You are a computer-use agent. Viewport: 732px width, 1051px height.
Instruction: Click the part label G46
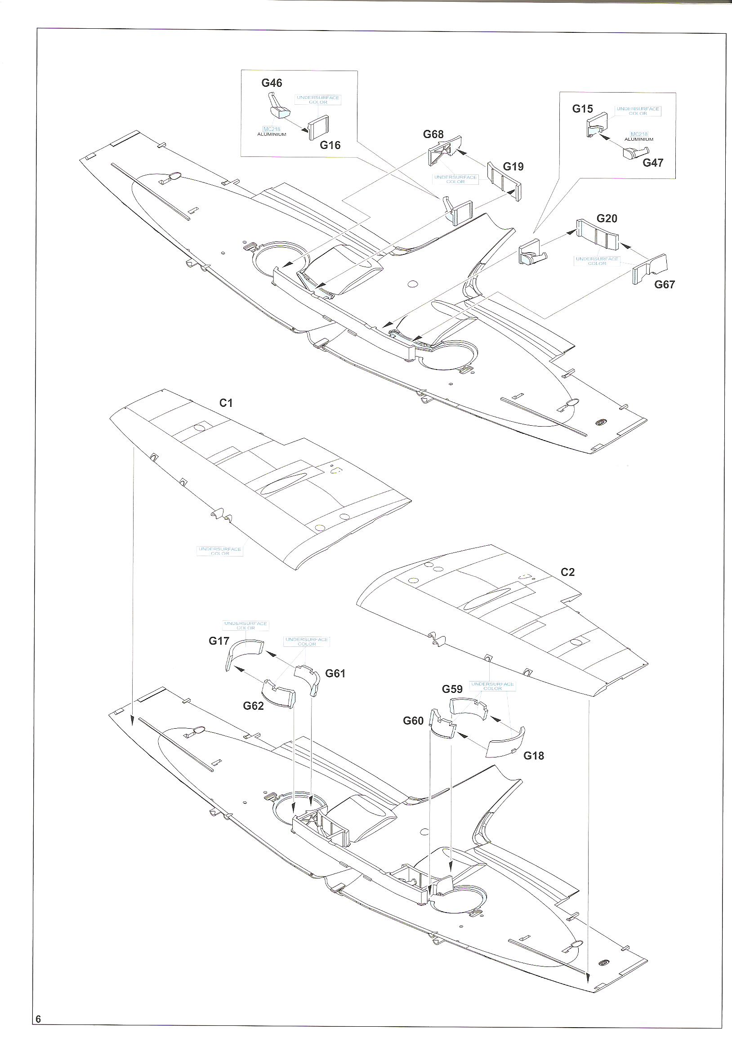(x=272, y=83)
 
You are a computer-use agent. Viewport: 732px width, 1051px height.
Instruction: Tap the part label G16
(x=330, y=145)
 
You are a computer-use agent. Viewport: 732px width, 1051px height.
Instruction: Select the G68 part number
(x=433, y=134)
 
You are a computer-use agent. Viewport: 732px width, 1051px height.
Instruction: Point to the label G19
(x=513, y=167)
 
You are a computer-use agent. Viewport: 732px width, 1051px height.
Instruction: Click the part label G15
(x=582, y=109)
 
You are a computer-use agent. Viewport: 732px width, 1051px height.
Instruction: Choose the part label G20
(x=607, y=218)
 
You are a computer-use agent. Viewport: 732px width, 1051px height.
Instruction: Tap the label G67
(x=664, y=284)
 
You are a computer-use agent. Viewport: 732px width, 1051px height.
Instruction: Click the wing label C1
(x=226, y=403)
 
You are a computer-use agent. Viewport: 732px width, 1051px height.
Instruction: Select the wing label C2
(x=567, y=572)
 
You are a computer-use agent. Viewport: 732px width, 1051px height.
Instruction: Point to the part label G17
(x=219, y=641)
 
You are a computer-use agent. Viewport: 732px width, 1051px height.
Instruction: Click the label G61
(x=335, y=673)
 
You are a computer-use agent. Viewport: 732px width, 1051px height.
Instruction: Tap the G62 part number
(x=253, y=705)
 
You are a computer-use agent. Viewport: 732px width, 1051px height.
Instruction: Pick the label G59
(x=452, y=689)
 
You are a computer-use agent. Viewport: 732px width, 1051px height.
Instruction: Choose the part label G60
(x=413, y=721)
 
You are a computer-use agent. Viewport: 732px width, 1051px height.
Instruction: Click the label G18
(x=534, y=755)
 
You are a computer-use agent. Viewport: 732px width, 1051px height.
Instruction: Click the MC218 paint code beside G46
(x=272, y=129)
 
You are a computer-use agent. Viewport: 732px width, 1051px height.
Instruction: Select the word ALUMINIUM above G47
(x=638, y=139)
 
